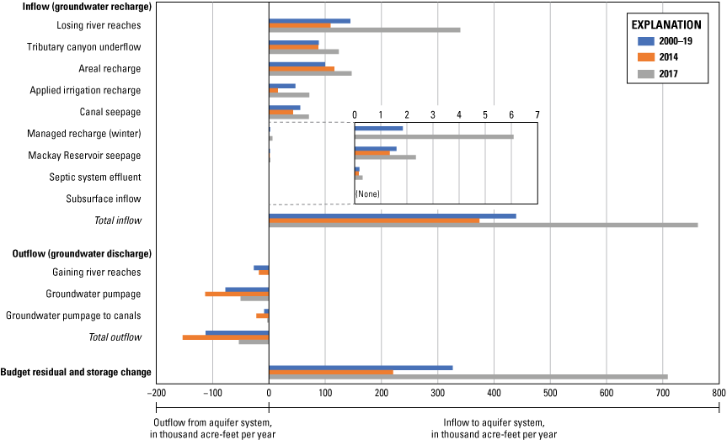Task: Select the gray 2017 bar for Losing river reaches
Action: pos(364,30)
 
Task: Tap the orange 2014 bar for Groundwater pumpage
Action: pos(237,294)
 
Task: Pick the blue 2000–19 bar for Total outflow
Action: pos(237,332)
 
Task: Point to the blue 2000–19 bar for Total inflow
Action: pos(392,216)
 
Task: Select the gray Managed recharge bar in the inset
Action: pos(434,136)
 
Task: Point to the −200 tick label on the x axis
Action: pos(155,393)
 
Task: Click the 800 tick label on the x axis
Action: pos(718,393)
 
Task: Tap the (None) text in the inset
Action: pos(367,194)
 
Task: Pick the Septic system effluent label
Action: pos(95,178)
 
